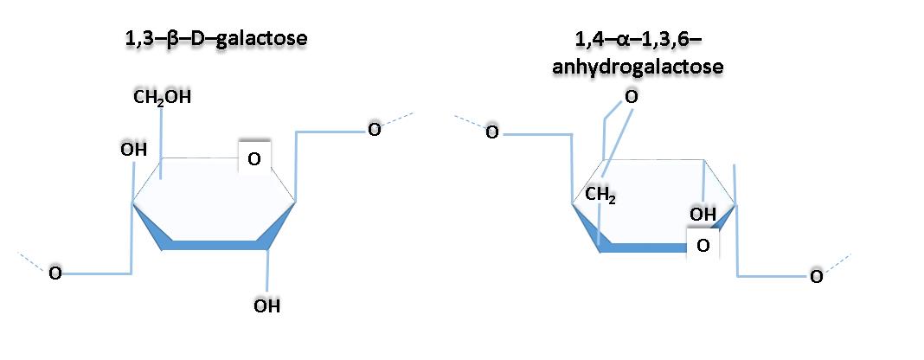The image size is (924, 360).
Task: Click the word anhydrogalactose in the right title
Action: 638,66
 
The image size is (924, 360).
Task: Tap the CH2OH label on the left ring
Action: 163,97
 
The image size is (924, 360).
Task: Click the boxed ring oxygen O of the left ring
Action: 253,158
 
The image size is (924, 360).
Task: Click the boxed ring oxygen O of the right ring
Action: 703,246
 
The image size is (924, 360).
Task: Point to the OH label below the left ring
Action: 266,305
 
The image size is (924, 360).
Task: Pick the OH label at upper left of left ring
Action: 134,150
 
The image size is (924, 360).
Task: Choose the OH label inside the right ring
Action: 702,214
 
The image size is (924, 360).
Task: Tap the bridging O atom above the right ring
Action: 631,97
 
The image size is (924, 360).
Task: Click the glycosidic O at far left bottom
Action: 55,273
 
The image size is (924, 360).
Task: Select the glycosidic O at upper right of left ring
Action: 374,130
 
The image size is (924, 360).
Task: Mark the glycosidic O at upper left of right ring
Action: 491,132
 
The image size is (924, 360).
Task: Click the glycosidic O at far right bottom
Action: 815,276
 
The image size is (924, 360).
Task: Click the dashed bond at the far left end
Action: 33,261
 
